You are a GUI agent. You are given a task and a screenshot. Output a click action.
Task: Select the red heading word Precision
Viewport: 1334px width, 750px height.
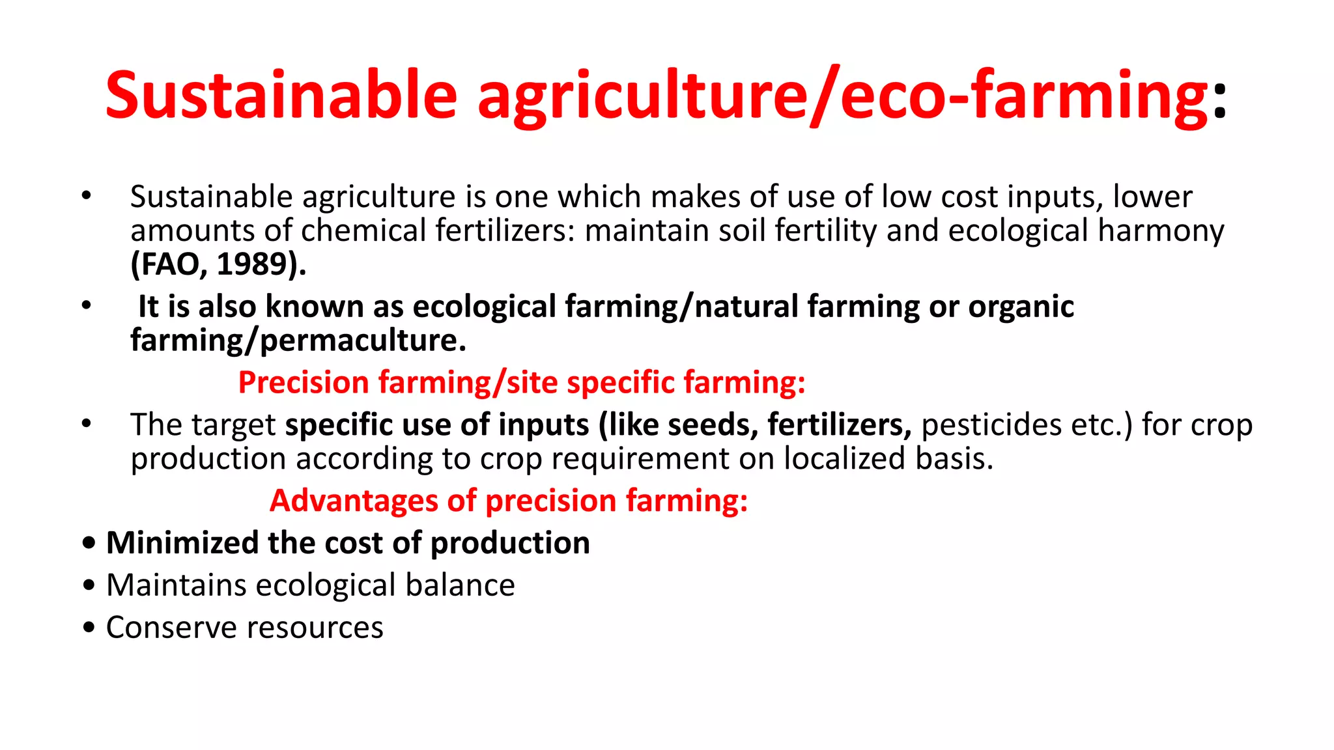click(304, 382)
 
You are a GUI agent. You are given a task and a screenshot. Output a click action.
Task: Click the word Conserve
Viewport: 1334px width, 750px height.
click(171, 628)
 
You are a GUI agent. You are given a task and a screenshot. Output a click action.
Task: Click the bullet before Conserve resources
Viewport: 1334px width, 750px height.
click(89, 628)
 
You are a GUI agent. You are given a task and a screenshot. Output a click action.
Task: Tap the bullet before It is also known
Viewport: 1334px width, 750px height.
click(87, 305)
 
